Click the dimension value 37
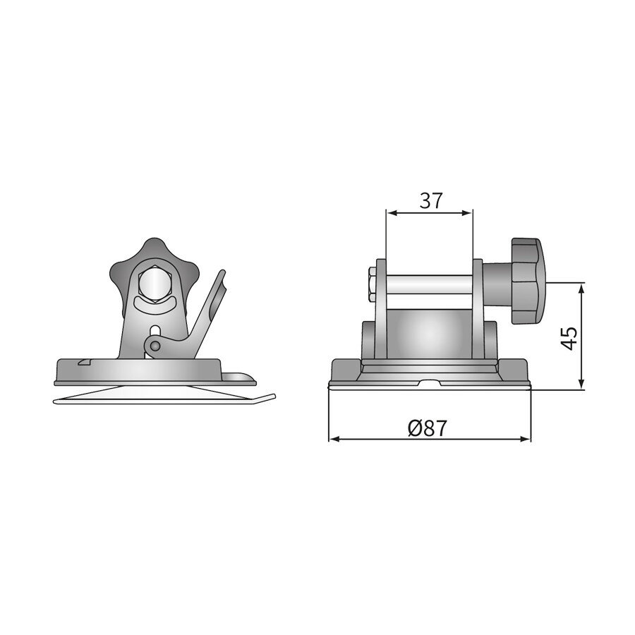click(430, 200)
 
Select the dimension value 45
click(571, 337)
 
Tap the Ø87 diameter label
click(428, 427)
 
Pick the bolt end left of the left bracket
click(372, 284)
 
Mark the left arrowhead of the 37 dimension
click(390, 212)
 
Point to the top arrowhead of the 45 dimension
click(581, 288)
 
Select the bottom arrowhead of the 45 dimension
click(581, 385)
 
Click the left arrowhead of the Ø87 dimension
click(334, 439)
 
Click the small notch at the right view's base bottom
click(430, 385)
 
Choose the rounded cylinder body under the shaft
click(428, 335)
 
